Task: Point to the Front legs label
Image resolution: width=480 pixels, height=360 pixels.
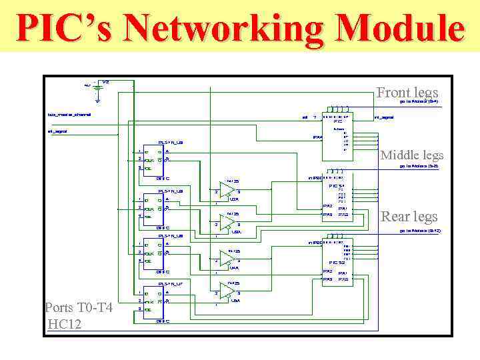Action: (x=407, y=93)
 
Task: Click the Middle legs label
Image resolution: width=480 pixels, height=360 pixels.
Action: (x=411, y=155)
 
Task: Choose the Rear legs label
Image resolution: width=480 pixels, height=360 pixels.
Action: (x=409, y=217)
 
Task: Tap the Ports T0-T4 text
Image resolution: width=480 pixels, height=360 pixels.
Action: (x=79, y=308)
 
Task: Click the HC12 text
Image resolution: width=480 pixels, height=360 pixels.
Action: (x=64, y=324)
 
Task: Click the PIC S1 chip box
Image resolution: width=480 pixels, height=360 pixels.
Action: (x=337, y=201)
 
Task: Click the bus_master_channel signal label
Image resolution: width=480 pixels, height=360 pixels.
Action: (x=69, y=114)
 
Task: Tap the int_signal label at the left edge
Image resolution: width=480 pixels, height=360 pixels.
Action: (x=58, y=131)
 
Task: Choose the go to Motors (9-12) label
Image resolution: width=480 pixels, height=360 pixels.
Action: (x=419, y=231)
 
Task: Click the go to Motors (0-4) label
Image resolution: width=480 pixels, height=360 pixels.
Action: (x=419, y=102)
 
